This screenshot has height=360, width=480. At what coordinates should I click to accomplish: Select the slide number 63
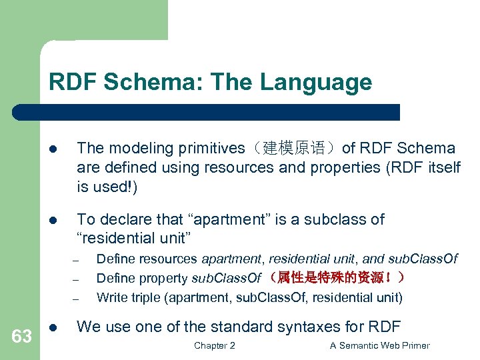21,337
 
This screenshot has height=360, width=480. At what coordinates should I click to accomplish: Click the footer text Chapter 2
214,345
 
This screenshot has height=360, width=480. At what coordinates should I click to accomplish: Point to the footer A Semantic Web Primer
380,345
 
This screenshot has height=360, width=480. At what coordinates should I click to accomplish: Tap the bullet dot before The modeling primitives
53,149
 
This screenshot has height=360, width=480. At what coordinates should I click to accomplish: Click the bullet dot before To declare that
53,220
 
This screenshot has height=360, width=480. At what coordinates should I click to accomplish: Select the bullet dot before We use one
53,327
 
